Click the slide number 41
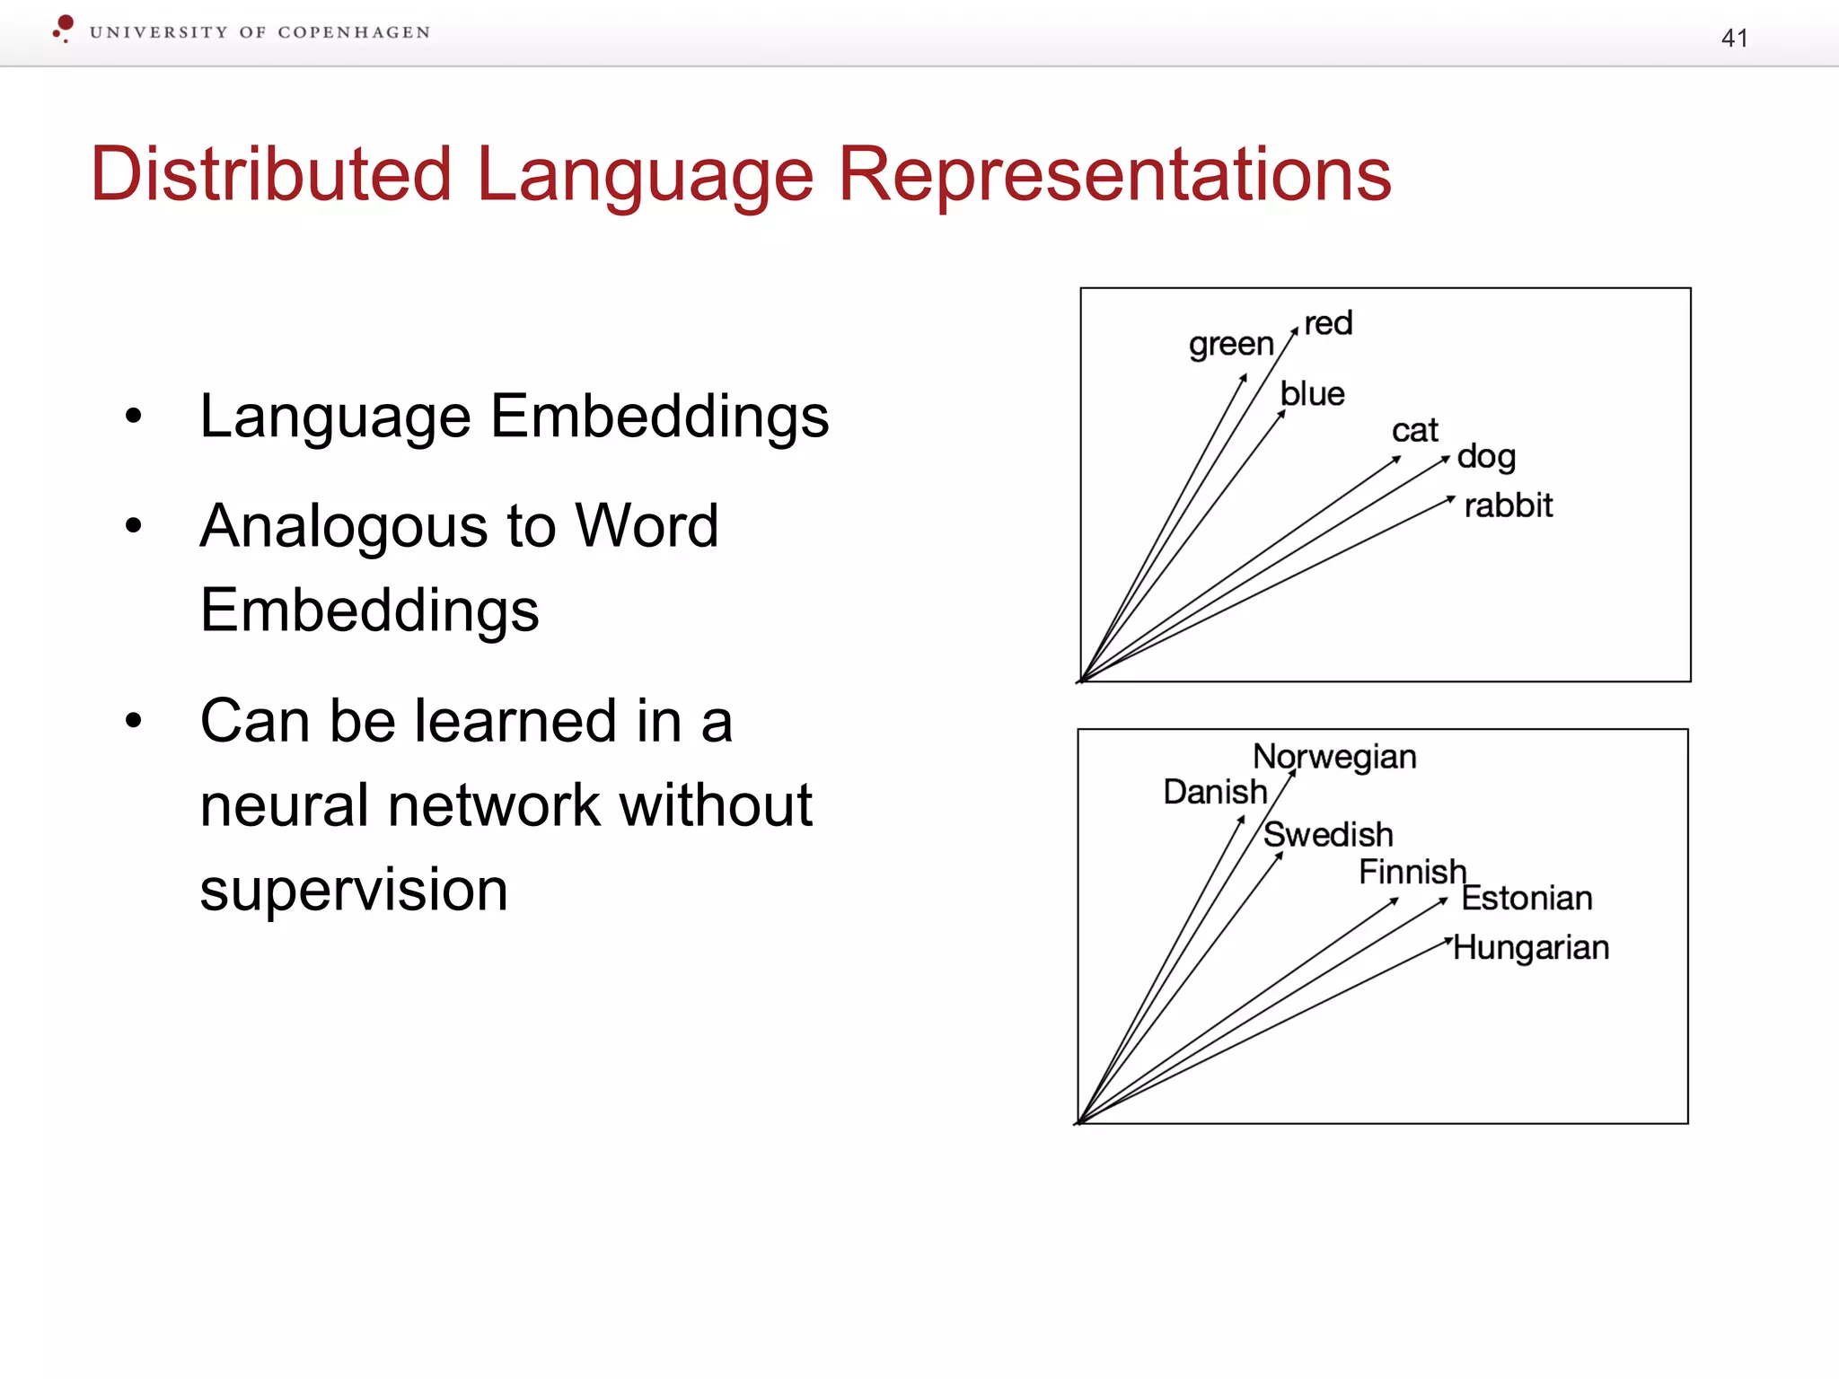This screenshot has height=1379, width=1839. click(x=1734, y=38)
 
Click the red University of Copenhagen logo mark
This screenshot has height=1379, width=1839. click(x=63, y=28)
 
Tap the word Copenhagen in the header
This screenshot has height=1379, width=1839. click(x=354, y=32)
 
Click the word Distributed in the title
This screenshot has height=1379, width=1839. click(x=270, y=174)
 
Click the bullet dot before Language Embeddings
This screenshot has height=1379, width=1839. click(x=134, y=416)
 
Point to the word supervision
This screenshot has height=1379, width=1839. click(x=354, y=890)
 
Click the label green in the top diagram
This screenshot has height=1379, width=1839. click(x=1230, y=344)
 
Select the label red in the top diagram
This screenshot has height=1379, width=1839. click(x=1328, y=323)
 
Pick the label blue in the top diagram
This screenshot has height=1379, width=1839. click(x=1312, y=394)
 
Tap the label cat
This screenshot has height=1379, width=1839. click(x=1414, y=431)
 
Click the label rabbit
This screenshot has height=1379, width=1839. click(x=1508, y=505)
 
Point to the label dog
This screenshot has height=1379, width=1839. click(x=1486, y=457)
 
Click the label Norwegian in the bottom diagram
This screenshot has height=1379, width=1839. click(x=1334, y=757)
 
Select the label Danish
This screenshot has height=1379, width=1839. click(x=1215, y=792)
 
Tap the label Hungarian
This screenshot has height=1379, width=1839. click(x=1531, y=947)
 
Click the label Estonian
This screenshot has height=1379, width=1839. click(x=1527, y=898)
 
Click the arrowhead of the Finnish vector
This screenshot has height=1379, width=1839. click(x=1395, y=900)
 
